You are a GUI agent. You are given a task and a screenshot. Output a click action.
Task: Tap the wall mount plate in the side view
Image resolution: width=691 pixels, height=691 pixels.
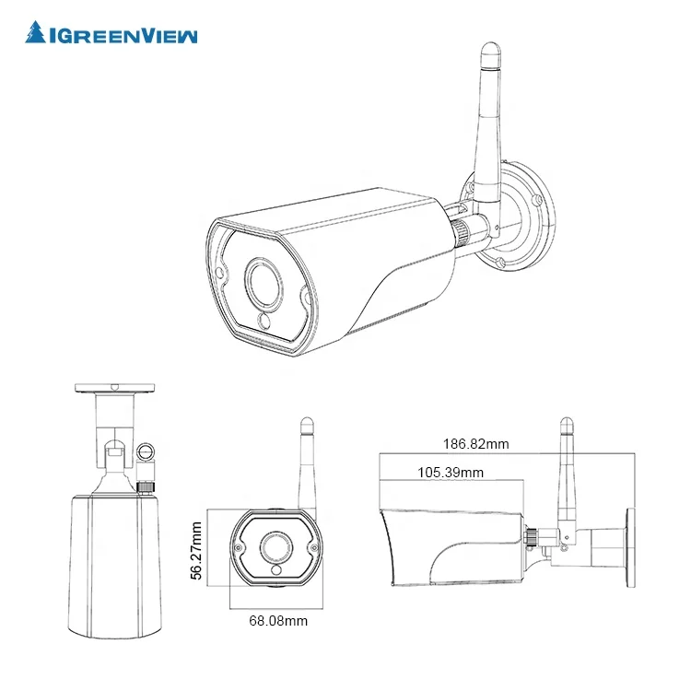(633, 547)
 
